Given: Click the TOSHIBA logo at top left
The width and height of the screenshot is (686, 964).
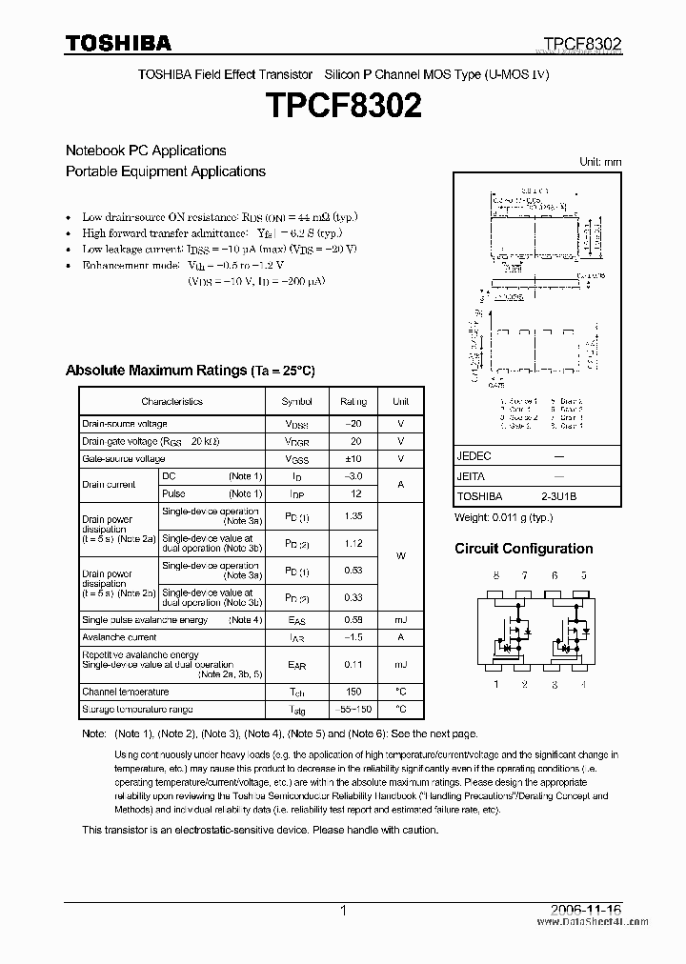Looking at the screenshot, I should (x=118, y=43).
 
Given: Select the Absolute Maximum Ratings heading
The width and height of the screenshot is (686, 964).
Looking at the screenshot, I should (x=190, y=371).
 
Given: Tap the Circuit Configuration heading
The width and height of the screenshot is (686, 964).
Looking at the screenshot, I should (x=523, y=549).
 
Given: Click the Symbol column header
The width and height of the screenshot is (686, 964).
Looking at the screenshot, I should (x=296, y=402).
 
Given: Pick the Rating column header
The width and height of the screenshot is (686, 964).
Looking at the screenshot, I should (x=353, y=402).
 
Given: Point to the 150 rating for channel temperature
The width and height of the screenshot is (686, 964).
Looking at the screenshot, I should (x=353, y=692).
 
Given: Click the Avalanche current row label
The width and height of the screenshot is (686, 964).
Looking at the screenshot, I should (x=119, y=637).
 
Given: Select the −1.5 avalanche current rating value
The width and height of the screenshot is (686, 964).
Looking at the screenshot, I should (x=353, y=637).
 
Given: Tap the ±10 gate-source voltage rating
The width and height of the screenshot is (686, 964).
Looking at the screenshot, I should (x=353, y=459).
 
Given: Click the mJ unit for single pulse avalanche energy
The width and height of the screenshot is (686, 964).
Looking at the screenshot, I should (x=400, y=620).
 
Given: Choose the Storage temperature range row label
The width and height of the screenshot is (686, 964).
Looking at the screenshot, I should (x=137, y=710).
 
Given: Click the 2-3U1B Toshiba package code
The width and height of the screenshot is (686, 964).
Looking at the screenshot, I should (x=558, y=496).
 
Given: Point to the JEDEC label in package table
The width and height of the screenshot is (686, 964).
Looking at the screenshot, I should (x=474, y=456).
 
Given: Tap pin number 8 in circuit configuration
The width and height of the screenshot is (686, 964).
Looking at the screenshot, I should (x=495, y=576).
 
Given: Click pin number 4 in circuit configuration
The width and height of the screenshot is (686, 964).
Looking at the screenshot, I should (x=583, y=683).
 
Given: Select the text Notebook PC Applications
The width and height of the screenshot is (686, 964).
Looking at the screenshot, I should (x=146, y=151).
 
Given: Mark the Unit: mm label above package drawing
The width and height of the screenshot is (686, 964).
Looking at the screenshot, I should (x=600, y=162).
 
